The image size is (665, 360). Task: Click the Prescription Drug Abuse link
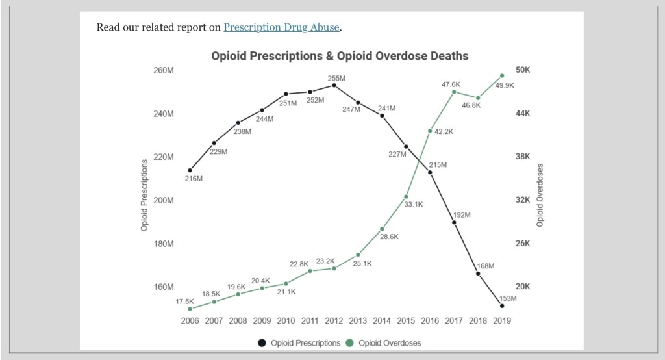coord(281,27)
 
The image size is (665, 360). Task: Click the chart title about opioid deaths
coord(340,56)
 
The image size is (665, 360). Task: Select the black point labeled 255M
coord(334,85)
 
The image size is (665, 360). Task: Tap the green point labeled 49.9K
coord(502,75)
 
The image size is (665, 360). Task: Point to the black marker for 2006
coord(190,170)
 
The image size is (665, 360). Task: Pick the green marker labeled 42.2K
coord(430,131)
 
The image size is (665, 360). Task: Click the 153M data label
coord(507,298)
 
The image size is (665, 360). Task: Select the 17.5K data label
coord(184,302)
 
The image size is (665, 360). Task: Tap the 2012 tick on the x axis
coord(334,320)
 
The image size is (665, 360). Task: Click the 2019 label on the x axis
coord(502,320)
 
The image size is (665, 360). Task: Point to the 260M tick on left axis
coord(164,70)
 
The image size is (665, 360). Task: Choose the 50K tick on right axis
coord(523,70)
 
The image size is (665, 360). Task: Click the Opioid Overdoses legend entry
coord(390,342)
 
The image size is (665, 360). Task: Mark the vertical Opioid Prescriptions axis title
coord(144,195)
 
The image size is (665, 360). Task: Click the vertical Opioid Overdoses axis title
coord(540,195)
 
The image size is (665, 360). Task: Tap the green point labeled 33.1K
coord(406,196)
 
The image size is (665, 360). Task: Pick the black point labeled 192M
coord(454,222)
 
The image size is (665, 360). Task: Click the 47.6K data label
coord(451,84)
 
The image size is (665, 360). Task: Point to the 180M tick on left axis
coord(164,244)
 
